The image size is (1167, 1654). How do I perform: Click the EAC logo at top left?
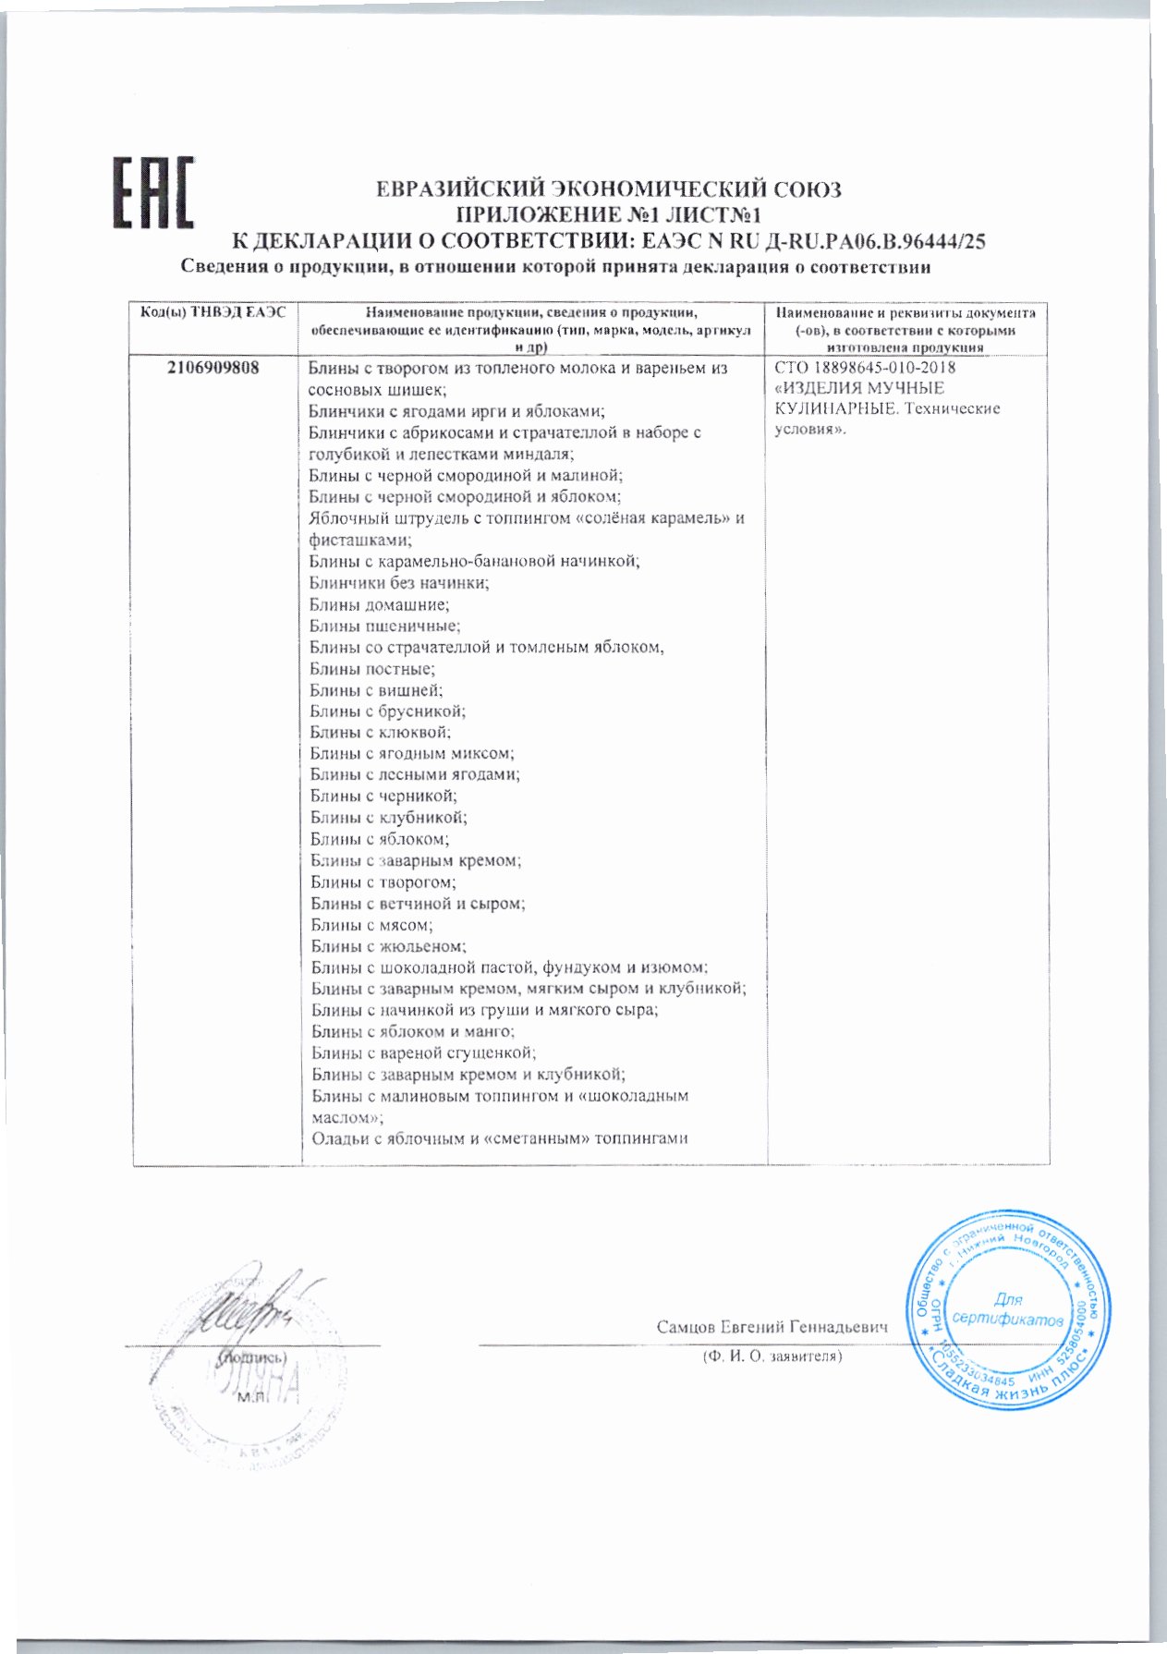[x=153, y=193]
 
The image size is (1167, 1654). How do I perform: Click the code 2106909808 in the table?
[x=213, y=368]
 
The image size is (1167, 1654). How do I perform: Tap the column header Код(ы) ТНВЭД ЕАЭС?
[x=213, y=313]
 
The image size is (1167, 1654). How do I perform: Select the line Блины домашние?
[x=379, y=604]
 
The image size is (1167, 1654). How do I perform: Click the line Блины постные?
[x=371, y=668]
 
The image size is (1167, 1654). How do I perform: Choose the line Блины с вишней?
[x=376, y=690]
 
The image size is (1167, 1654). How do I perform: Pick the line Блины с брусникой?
[x=387, y=711]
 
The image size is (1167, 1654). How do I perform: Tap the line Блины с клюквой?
[x=381, y=733]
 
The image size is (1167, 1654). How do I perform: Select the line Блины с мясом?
[x=371, y=925]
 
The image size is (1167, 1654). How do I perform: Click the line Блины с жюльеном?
[x=388, y=946]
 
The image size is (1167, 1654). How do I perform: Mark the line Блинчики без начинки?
[x=399, y=583]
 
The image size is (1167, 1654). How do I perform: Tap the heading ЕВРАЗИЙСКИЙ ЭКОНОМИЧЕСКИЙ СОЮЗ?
[x=609, y=190]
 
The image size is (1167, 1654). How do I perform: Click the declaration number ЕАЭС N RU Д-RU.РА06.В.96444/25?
[x=812, y=242]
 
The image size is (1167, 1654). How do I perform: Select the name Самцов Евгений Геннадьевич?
[x=772, y=1327]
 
